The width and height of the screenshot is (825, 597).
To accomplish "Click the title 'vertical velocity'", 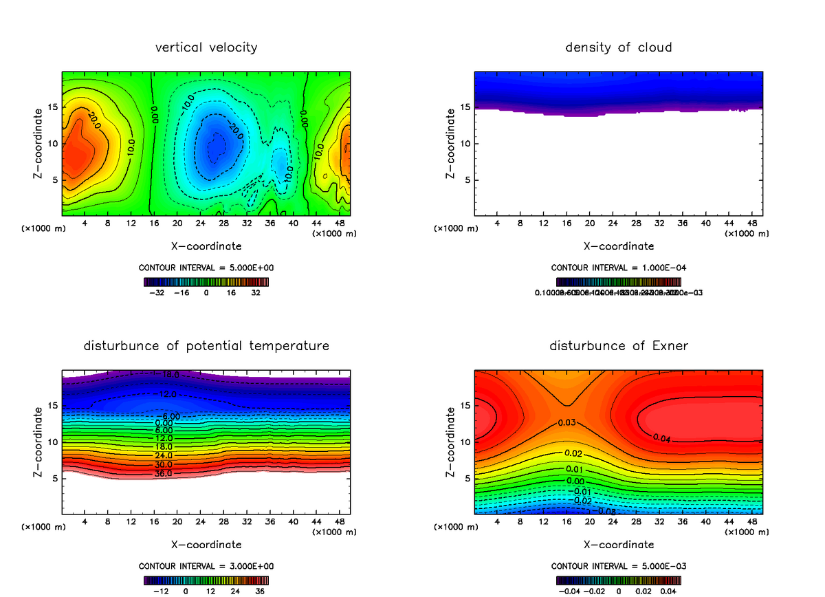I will click(206, 47).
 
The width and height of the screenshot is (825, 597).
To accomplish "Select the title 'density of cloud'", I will click(619, 47).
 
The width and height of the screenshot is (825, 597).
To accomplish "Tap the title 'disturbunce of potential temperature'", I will click(206, 345).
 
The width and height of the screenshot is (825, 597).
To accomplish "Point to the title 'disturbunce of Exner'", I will click(619, 345).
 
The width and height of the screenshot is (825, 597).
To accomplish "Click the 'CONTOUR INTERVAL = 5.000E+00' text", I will click(206, 267).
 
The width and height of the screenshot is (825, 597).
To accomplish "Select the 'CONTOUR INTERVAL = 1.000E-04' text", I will click(619, 267).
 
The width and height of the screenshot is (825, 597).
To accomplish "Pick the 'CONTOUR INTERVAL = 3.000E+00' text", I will click(206, 565).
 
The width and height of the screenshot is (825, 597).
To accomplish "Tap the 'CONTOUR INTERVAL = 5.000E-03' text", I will click(619, 565).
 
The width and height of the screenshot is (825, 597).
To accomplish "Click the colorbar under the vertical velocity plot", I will click(206, 281).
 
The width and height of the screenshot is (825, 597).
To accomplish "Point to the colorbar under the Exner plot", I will click(619, 580).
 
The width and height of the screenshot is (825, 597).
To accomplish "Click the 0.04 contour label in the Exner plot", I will click(661, 437).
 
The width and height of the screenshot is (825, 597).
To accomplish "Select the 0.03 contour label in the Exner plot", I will click(566, 422).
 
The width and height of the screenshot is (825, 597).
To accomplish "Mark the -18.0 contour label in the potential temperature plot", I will click(170, 375).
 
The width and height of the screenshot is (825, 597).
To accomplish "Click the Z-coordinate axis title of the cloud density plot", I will click(451, 143).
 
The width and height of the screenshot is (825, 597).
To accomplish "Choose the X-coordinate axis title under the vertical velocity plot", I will click(206, 246).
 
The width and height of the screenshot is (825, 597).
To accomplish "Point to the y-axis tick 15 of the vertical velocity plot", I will click(52, 107).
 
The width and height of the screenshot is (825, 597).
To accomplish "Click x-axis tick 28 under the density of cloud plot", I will click(637, 224).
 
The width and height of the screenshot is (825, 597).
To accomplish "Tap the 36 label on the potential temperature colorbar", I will click(260, 590).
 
